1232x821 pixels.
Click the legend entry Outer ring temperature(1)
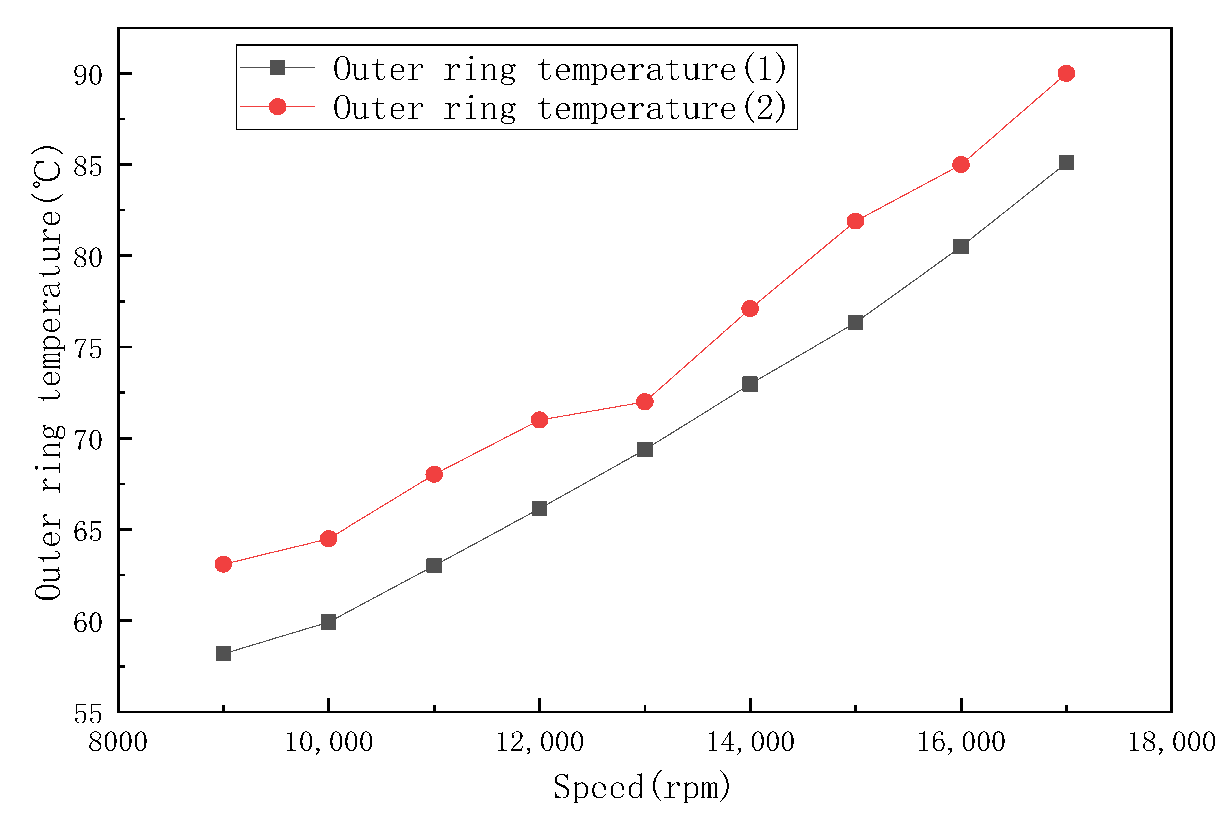[x=559, y=69]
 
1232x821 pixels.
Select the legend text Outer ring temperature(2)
[x=559, y=108]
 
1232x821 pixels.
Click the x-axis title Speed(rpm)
[x=642, y=787]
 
